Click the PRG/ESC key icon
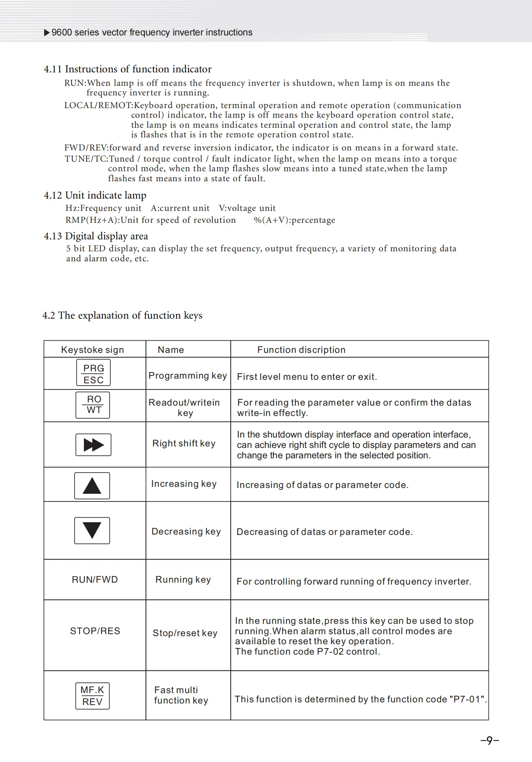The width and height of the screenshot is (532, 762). [x=93, y=373]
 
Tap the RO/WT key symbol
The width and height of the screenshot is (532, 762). [x=93, y=405]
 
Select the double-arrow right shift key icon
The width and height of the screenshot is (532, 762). [x=93, y=445]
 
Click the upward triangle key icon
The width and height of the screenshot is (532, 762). [x=92, y=486]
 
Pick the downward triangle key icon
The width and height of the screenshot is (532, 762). [x=92, y=531]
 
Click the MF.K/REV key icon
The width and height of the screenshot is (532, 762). [x=92, y=696]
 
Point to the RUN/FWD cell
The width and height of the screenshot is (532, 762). [x=95, y=580]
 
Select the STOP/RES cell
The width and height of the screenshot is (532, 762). [x=95, y=631]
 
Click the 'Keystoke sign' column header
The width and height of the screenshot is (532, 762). [x=93, y=350]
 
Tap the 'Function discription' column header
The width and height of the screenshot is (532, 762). [x=301, y=350]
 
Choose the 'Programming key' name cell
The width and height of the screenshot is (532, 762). [x=188, y=376]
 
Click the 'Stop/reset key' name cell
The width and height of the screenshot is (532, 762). [x=185, y=633]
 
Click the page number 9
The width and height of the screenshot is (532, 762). [x=490, y=740]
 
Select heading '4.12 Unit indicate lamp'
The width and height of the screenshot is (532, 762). [x=95, y=195]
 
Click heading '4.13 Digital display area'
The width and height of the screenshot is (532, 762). [x=96, y=236]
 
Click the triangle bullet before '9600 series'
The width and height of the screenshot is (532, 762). [x=47, y=33]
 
